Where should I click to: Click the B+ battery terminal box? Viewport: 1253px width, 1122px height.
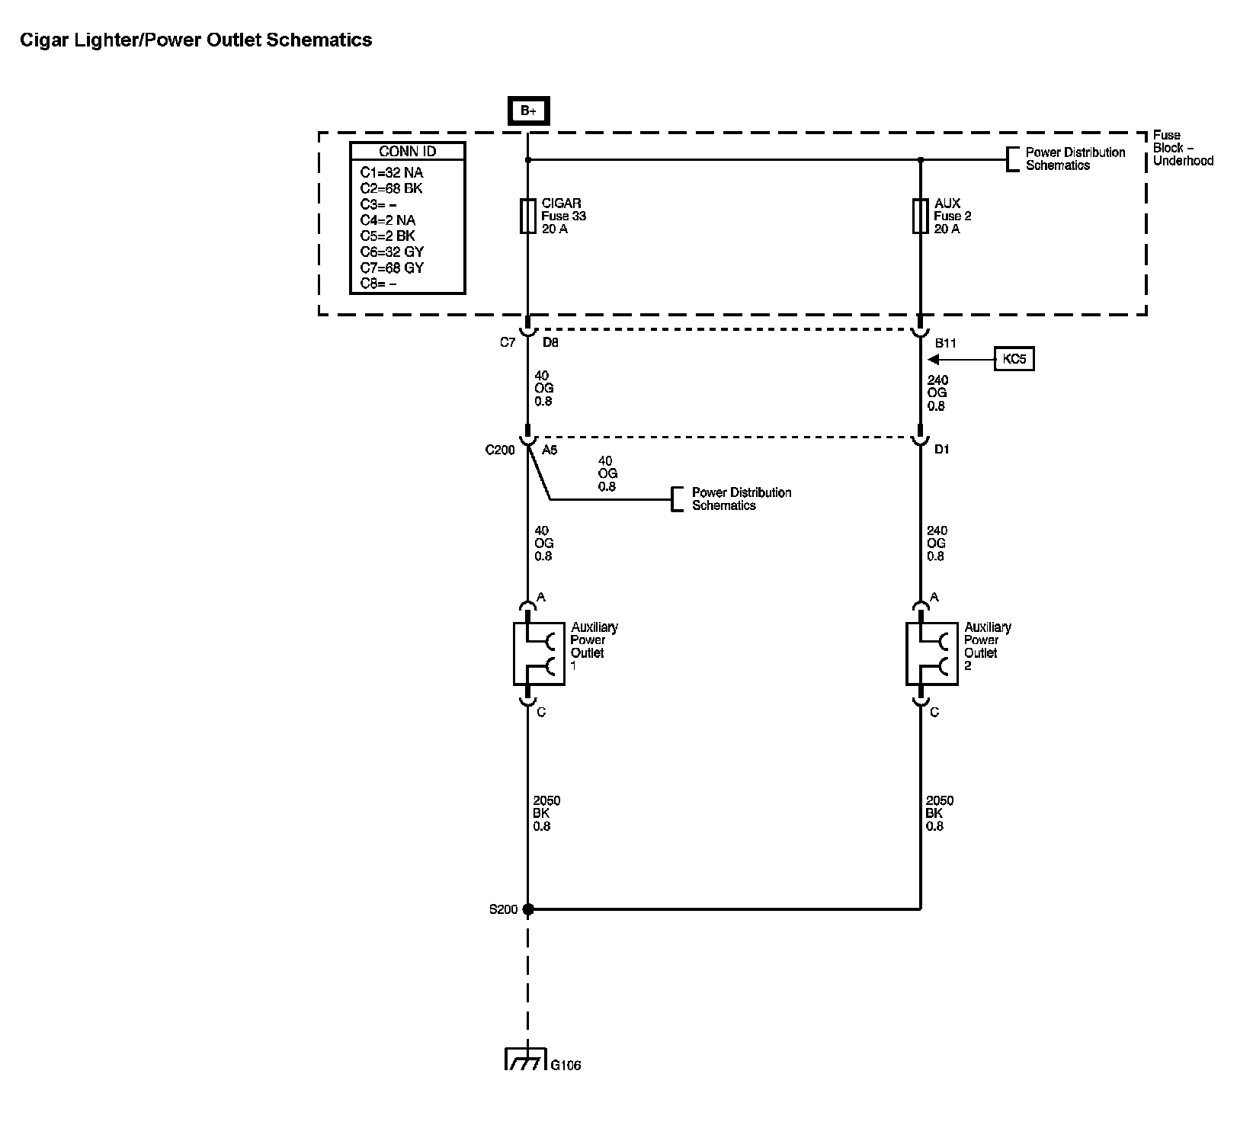(528, 111)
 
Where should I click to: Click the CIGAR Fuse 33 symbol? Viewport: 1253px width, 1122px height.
(527, 216)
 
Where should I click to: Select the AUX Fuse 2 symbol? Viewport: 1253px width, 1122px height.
(920, 216)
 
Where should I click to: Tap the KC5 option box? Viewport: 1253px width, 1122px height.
(1014, 359)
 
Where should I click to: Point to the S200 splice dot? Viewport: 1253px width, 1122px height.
(527, 909)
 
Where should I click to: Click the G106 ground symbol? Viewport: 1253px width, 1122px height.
(526, 1060)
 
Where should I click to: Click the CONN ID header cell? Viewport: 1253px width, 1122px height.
(407, 152)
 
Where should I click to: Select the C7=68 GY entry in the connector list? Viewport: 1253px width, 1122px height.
(392, 268)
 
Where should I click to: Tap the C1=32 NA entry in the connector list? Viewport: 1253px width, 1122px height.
(391, 172)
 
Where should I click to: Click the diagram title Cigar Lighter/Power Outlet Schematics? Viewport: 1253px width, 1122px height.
(196, 40)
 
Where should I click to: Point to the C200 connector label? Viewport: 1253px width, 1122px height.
(500, 450)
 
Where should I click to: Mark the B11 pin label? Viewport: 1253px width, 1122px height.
(945, 343)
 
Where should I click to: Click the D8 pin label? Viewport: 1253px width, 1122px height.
(550, 342)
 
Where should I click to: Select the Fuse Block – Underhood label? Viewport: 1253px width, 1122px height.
(1182, 148)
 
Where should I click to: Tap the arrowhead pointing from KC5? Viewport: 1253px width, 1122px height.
(933, 359)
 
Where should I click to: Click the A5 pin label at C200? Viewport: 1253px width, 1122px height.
(550, 450)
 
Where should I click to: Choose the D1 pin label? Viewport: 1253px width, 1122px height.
(942, 450)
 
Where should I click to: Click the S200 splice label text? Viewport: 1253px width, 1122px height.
(503, 909)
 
